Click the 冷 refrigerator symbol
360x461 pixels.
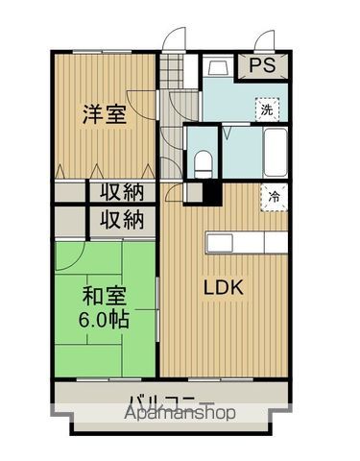coord(275,196)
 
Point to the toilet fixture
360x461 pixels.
coord(203,161)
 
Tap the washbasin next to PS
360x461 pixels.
coord(217,67)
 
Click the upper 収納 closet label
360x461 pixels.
coord(119,190)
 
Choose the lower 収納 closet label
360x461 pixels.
coord(119,220)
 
